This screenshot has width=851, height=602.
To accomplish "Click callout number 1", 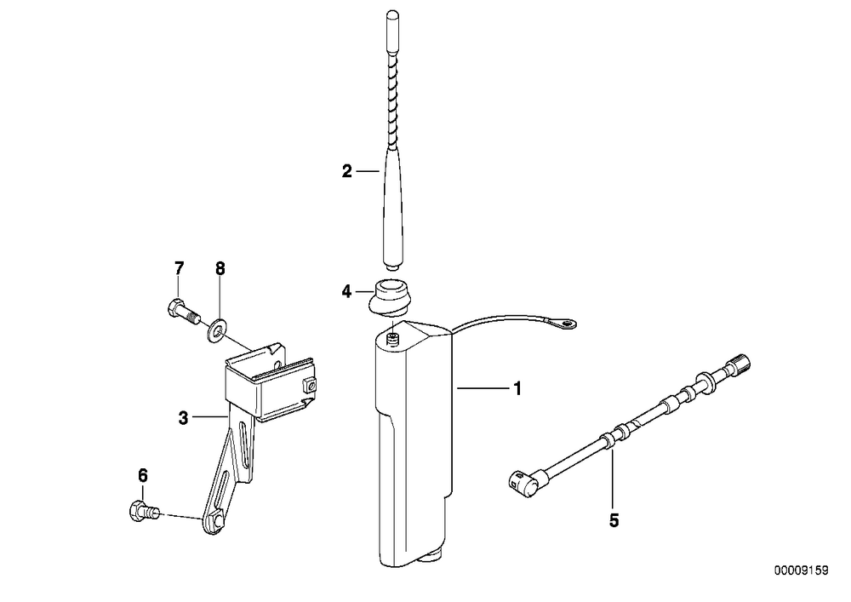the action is [517, 388].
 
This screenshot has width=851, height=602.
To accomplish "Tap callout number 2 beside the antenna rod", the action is [347, 171].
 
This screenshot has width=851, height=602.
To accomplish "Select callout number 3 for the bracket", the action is [184, 418].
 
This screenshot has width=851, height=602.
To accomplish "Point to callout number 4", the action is [347, 292].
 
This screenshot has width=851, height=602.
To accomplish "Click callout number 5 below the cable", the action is [614, 520].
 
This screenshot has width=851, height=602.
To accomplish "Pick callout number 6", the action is [142, 476].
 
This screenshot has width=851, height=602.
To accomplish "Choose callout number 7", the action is [179, 268].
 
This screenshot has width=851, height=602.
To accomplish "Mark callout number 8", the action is [220, 268].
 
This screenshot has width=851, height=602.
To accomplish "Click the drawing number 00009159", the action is [801, 571].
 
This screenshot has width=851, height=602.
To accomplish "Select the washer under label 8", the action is [217, 330].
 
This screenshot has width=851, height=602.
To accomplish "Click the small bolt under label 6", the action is [145, 512].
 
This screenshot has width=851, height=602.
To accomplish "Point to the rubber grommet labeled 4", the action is [388, 296].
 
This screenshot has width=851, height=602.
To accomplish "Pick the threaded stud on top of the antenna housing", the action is [393, 341].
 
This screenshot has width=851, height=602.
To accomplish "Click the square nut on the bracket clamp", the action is [310, 386].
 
